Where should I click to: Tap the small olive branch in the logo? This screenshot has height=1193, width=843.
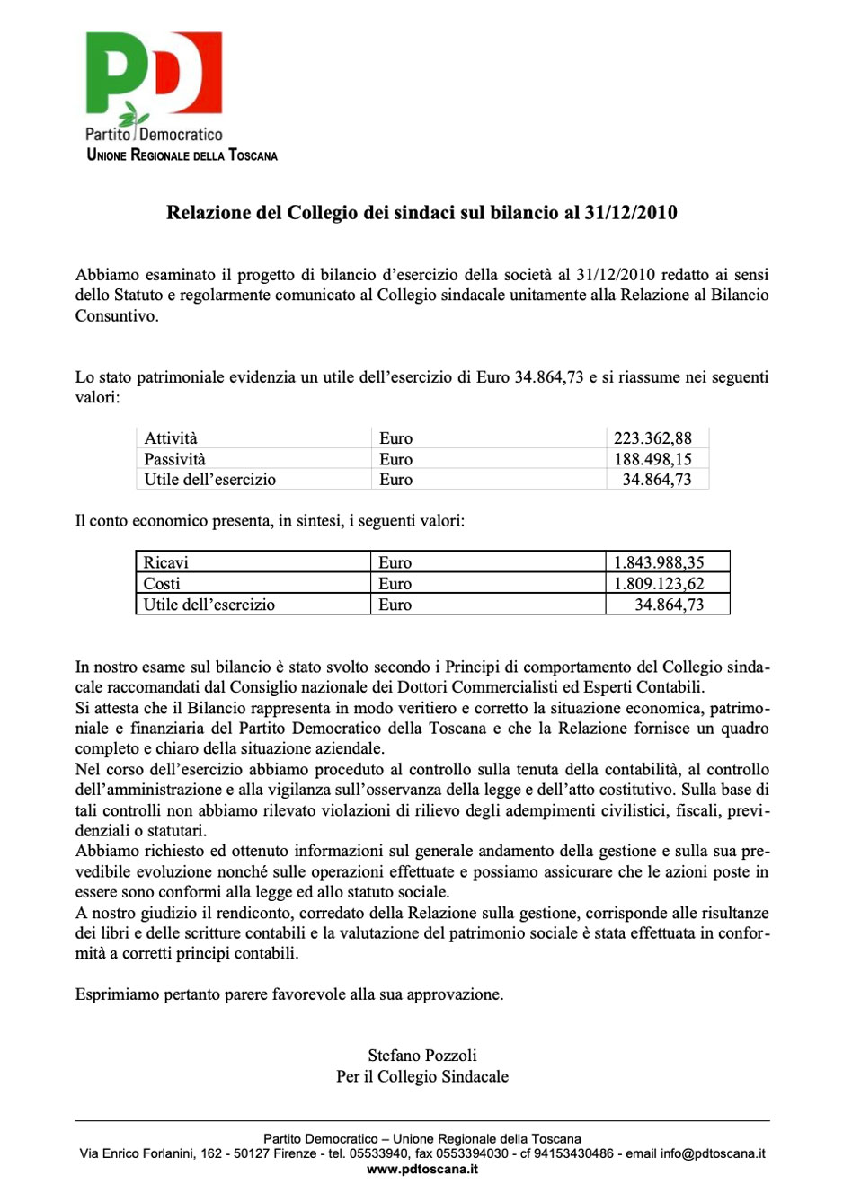(x=137, y=115)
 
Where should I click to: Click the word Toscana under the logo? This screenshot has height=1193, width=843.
(x=253, y=155)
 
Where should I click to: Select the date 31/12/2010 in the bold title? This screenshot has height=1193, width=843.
(x=631, y=213)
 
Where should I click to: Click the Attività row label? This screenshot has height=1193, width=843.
(x=171, y=438)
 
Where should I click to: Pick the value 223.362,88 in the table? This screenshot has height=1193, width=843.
(x=652, y=438)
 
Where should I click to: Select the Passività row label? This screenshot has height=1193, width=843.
(x=175, y=459)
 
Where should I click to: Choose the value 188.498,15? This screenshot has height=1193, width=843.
(x=652, y=459)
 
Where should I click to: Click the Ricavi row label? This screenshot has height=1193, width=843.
(x=166, y=563)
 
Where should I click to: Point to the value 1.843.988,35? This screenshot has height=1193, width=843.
(x=659, y=563)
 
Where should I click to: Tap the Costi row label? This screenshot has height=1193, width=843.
(x=162, y=584)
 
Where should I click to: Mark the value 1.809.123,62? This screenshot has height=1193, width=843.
(x=659, y=584)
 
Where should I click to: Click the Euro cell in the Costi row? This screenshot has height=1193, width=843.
(x=395, y=584)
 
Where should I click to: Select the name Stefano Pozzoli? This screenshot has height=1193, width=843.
(x=422, y=1056)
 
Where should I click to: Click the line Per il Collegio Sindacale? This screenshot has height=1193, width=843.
(x=422, y=1076)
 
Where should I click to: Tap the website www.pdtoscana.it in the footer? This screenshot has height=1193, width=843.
(x=422, y=1169)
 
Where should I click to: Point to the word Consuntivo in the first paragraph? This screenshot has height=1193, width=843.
(x=117, y=316)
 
